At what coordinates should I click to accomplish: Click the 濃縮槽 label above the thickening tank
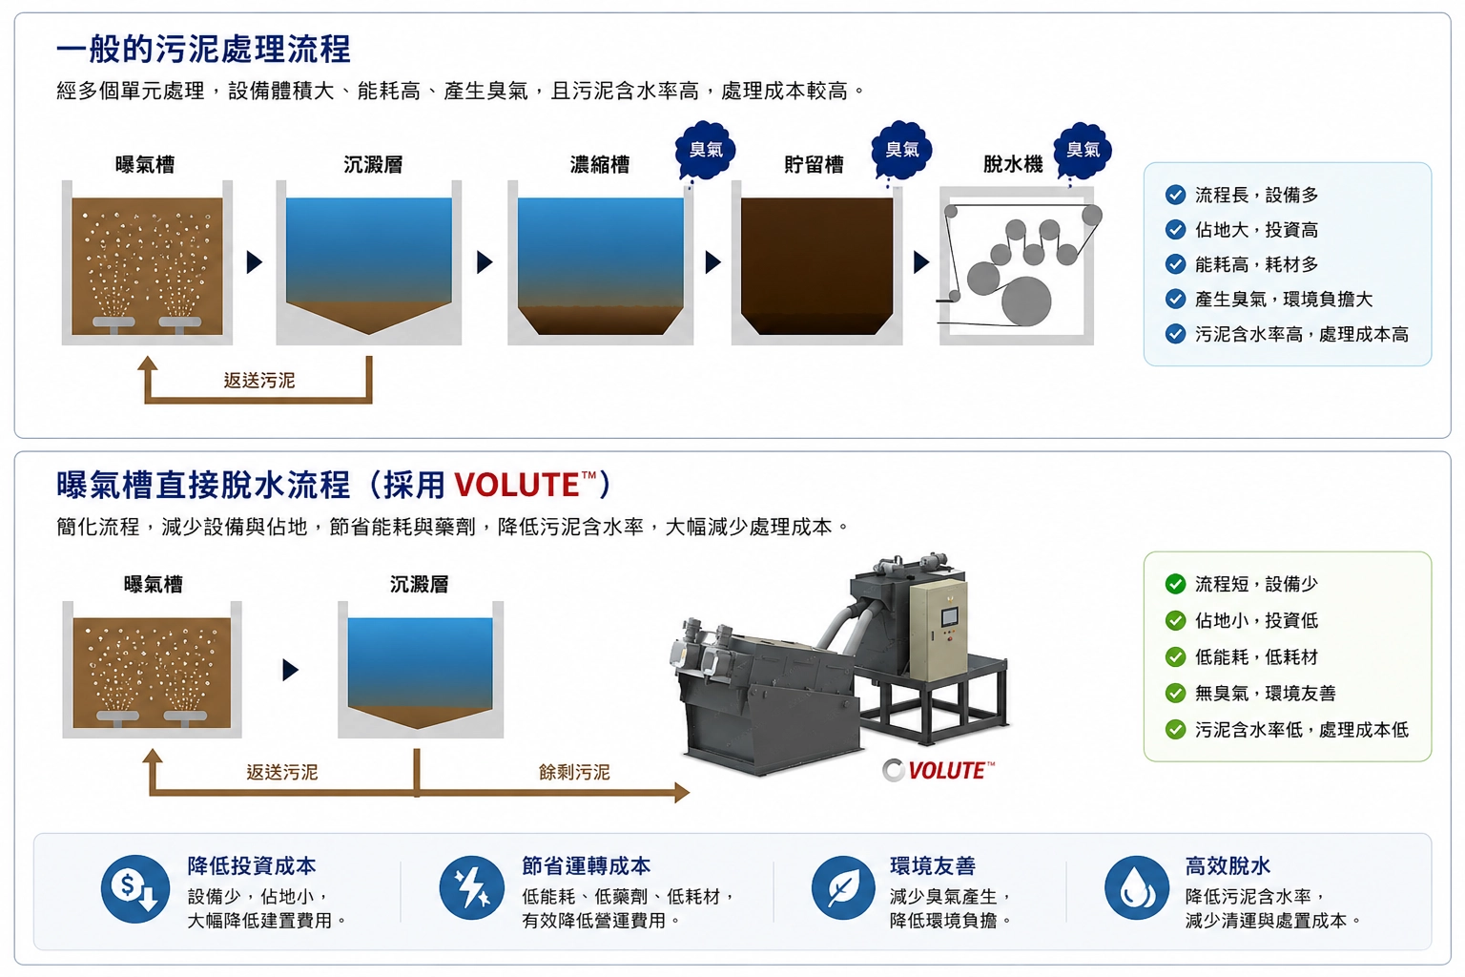600,164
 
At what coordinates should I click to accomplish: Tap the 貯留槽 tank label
814,164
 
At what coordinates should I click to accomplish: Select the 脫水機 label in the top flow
1013,164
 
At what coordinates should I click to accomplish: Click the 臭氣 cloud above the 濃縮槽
706,150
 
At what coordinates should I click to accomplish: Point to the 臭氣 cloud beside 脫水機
1083,150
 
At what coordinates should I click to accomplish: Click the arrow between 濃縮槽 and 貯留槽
712,262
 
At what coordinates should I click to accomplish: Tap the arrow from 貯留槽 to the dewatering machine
920,262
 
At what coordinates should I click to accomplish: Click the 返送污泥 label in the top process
259,380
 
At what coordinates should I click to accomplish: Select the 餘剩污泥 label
574,772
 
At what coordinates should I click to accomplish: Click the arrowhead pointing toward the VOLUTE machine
682,793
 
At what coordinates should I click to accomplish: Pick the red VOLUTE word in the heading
516,485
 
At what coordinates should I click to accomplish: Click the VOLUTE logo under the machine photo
939,770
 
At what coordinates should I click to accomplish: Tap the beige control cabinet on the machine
939,630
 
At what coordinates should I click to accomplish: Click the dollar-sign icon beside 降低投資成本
135,888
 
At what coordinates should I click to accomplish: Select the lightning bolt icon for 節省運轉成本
471,888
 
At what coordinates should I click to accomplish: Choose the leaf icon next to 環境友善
843,888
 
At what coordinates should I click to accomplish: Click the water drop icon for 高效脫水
1137,888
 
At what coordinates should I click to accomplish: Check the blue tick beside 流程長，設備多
1175,195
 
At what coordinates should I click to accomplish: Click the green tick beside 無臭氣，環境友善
1175,693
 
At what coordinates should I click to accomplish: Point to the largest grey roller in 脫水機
1026,301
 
